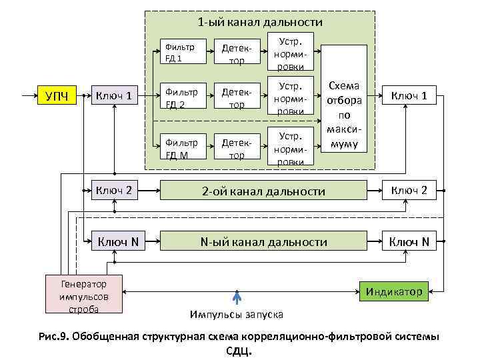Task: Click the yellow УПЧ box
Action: [57, 97]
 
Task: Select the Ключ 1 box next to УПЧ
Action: [115, 97]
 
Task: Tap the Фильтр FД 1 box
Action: [181, 52]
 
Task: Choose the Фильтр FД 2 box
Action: [181, 97]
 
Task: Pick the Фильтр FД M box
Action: [181, 149]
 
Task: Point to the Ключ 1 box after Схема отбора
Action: [409, 97]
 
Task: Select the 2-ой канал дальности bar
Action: [263, 191]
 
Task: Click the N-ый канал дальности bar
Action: [263, 241]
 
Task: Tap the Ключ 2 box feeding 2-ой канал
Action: [115, 191]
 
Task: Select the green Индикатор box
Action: [393, 291]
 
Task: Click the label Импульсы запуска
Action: [236, 314]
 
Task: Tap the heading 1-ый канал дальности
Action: [260, 23]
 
